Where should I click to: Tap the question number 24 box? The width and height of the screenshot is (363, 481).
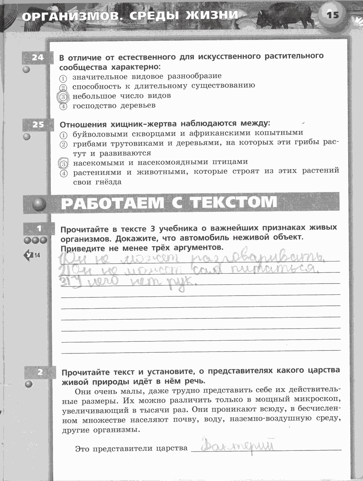coord(38,57)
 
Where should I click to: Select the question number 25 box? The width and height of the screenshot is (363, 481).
coord(38,125)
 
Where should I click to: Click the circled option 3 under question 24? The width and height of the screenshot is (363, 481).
coord(63,97)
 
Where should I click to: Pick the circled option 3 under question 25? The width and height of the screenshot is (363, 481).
coord(63,163)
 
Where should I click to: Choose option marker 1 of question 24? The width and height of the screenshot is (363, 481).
coord(63,78)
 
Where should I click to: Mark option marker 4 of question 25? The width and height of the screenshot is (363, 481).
coord(63,173)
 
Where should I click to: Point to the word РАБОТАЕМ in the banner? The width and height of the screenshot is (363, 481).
coord(112,203)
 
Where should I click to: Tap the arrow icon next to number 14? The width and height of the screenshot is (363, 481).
coord(28,255)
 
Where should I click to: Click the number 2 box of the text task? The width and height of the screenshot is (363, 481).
coord(40,372)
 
